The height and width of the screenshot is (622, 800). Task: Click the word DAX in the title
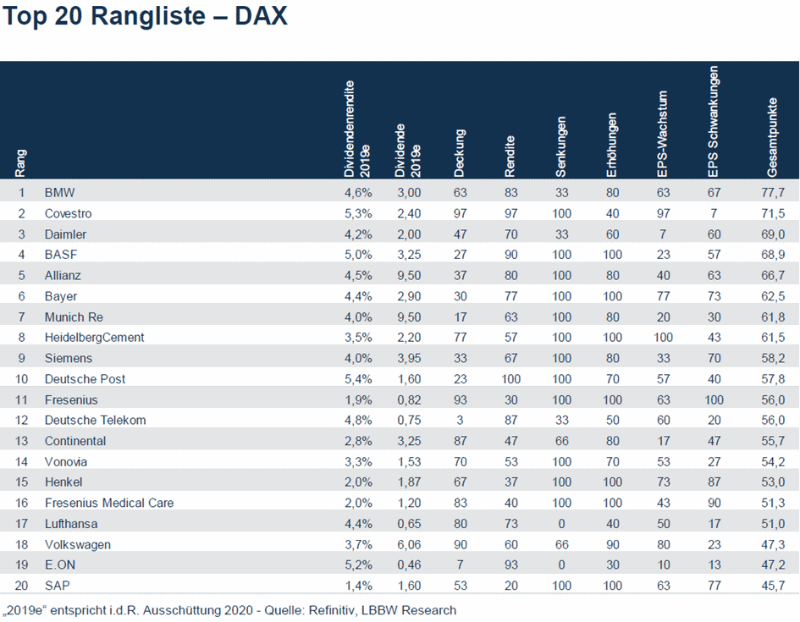tap(257, 17)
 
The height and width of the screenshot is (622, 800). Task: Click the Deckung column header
tap(460, 152)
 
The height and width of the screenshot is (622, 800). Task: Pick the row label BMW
tap(59, 193)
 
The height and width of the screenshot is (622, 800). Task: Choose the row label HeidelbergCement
tap(94, 337)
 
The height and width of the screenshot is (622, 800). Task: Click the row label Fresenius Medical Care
tap(109, 503)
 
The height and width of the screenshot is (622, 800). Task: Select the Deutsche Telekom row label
tap(95, 420)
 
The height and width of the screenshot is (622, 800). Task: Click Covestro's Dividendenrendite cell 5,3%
tap(355, 213)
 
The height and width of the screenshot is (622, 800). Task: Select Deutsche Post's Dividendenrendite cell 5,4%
tap(355, 378)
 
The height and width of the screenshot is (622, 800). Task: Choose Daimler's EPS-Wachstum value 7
tap(663, 234)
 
